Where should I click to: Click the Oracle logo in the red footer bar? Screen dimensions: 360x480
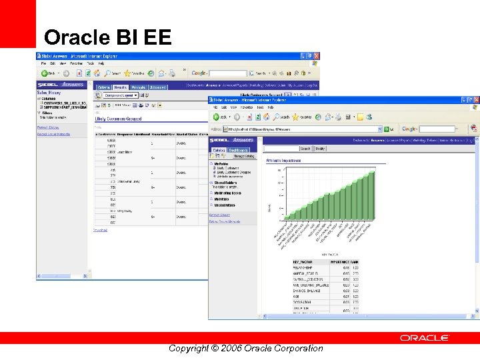pos(425,338)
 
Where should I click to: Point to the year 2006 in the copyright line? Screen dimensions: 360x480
pos(229,348)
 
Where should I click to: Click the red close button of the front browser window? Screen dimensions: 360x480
pos(475,99)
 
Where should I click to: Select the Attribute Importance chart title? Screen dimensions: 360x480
pos(283,161)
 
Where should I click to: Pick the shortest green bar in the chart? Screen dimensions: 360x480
pos(287,216)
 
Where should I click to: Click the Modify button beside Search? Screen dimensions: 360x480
pos(321,149)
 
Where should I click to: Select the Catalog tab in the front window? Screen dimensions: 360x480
pos(219,150)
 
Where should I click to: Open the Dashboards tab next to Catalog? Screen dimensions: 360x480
pos(239,150)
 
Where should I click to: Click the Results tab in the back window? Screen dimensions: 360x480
pos(121,87)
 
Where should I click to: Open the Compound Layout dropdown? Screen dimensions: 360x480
pos(121,95)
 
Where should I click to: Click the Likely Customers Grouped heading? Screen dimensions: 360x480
pos(117,119)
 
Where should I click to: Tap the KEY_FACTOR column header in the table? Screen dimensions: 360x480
pos(303,262)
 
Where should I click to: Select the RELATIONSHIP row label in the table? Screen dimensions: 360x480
pos(304,267)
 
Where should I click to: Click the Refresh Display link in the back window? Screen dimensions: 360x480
pos(48,127)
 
